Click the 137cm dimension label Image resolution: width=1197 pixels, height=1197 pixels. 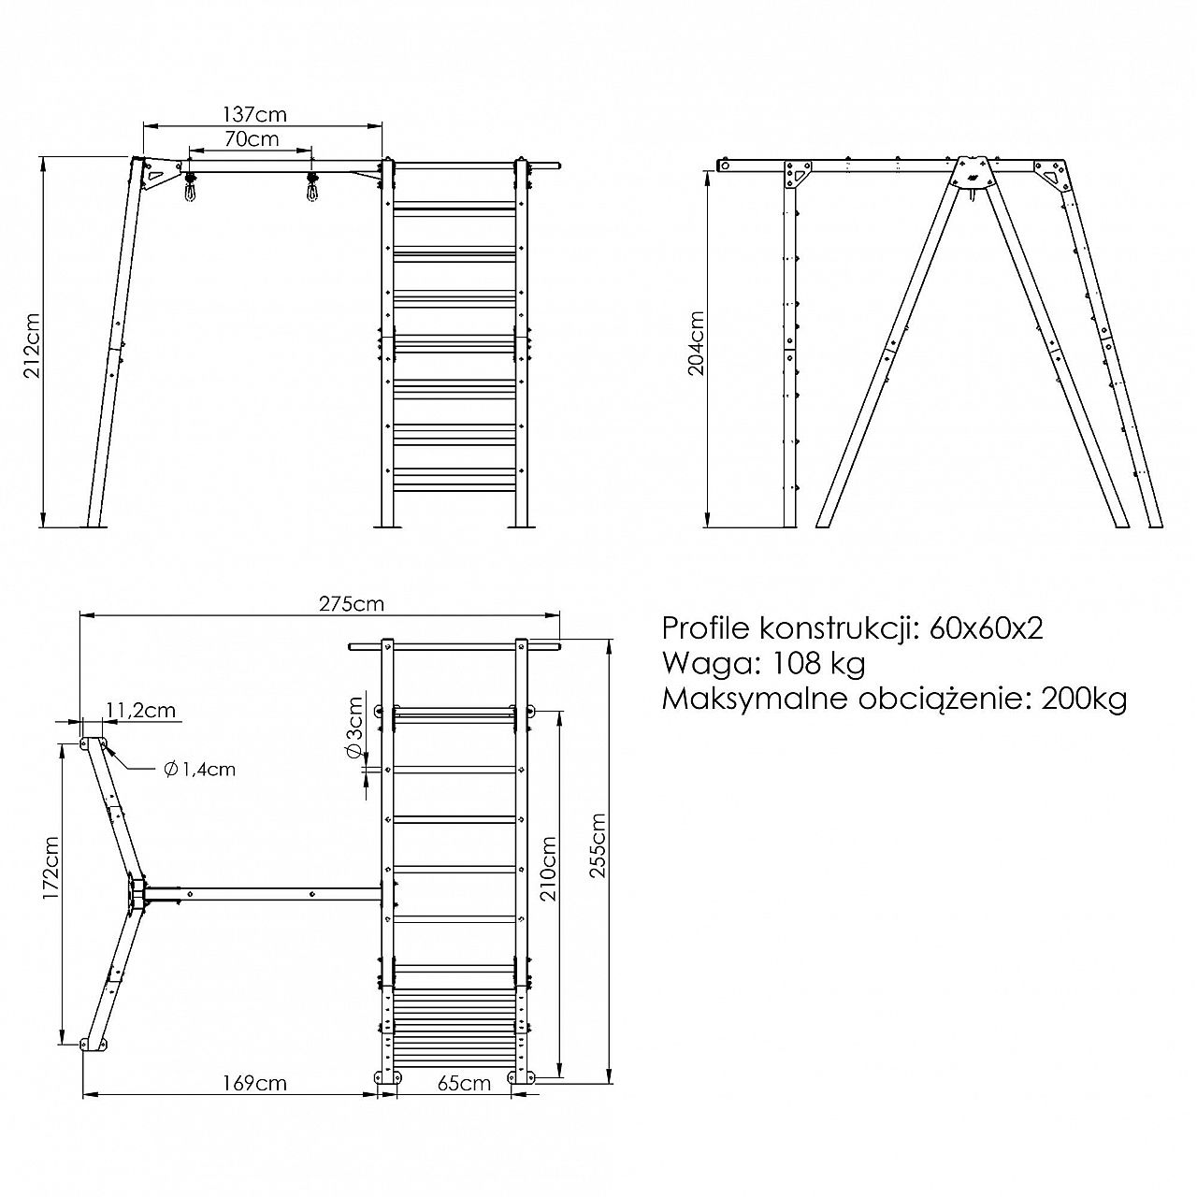254,114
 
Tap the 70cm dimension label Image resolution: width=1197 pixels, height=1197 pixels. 252,138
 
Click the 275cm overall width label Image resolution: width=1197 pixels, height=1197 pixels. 352,603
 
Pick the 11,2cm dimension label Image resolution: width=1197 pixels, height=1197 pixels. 141,710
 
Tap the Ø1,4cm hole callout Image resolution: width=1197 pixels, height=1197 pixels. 200,769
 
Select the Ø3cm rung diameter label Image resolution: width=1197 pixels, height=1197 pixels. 353,728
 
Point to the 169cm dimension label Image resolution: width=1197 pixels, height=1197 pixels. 255,1083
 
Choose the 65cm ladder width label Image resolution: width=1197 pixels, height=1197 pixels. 464,1083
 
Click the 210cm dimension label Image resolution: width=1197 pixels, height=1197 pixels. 549,869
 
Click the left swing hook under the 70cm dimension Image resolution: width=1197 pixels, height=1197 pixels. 189,186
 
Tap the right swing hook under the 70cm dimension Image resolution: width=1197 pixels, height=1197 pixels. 310,186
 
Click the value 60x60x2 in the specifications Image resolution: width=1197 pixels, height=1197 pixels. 986,628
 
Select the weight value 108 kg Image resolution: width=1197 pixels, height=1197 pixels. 816,663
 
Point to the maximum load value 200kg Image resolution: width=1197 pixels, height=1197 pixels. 1084,699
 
